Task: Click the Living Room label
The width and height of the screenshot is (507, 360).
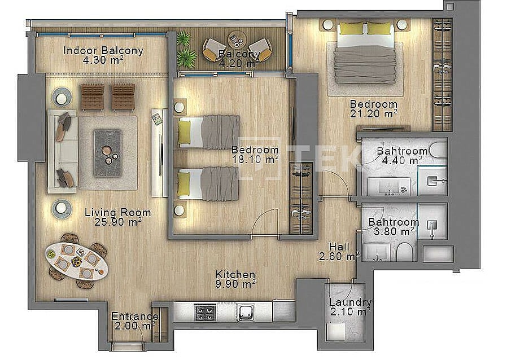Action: (117, 213)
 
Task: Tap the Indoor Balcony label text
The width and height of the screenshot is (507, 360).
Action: (103, 51)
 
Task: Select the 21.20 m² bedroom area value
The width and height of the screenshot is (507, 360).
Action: (373, 113)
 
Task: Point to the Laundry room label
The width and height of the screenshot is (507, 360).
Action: (350, 303)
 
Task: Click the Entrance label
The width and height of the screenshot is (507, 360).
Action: (135, 317)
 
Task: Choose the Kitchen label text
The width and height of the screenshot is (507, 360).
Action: (235, 275)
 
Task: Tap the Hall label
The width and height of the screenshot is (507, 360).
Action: (339, 247)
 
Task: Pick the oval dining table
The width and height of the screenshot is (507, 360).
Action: (77, 261)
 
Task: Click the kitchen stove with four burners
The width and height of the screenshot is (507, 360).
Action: (205, 312)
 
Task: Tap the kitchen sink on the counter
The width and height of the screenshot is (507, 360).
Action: (246, 313)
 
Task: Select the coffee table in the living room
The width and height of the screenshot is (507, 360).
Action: (108, 153)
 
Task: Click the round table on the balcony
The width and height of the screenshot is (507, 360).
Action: (237, 39)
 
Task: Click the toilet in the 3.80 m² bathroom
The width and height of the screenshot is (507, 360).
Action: (404, 252)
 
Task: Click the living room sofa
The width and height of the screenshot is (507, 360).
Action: (63, 151)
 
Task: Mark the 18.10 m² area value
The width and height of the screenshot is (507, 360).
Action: (255, 159)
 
